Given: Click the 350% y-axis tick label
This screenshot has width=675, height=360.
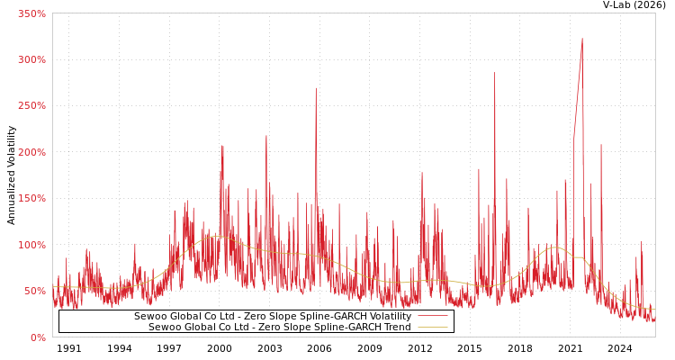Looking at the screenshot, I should (31, 13).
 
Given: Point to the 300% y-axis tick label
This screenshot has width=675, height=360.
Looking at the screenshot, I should (31, 59).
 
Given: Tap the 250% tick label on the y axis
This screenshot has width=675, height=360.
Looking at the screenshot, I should (31, 106).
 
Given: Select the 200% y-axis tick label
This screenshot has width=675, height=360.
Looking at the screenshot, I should (31, 152).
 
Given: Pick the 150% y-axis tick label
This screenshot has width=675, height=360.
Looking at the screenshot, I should (31, 199).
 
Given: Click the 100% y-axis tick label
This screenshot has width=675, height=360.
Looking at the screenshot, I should (31, 245).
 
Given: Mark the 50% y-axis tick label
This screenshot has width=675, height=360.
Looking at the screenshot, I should (34, 292).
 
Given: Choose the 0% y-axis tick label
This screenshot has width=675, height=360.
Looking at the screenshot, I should (38, 337).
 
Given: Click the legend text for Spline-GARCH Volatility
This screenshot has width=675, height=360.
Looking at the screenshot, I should (272, 316).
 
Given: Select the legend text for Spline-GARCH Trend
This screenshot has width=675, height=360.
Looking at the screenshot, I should (279, 327).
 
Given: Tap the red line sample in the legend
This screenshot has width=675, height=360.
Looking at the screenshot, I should (432, 316).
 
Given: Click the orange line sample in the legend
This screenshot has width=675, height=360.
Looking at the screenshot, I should (432, 327).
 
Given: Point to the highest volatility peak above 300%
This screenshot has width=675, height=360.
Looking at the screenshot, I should (582, 39).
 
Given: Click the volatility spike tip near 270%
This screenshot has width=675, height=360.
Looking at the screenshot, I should (316, 88).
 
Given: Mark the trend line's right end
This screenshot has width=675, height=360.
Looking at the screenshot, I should (654, 310).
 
